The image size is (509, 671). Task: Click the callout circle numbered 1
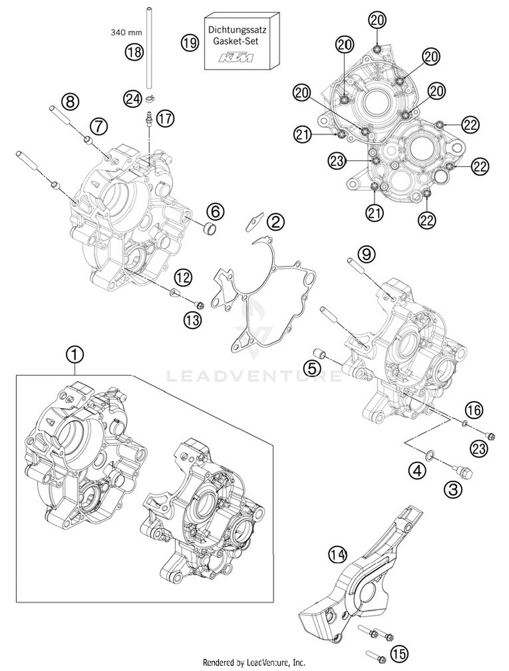tap(75, 355)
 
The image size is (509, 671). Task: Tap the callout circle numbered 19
tap(189, 43)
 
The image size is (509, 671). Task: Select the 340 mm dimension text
tap(126, 33)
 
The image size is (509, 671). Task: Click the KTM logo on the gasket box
tap(236, 58)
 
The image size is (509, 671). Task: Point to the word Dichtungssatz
tap(237, 30)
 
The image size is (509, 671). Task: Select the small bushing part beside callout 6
tap(209, 228)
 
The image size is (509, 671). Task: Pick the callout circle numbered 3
tap(453, 489)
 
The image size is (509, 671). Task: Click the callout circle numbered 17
tap(165, 119)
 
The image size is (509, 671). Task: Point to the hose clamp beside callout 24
tap(150, 99)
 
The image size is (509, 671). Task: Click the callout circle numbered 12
tap(183, 278)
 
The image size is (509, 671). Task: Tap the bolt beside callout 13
tap(198, 305)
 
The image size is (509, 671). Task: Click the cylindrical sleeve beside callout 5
tap(319, 354)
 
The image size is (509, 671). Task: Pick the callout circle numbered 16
tap(474, 410)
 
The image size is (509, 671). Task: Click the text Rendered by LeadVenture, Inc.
tap(254, 662)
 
